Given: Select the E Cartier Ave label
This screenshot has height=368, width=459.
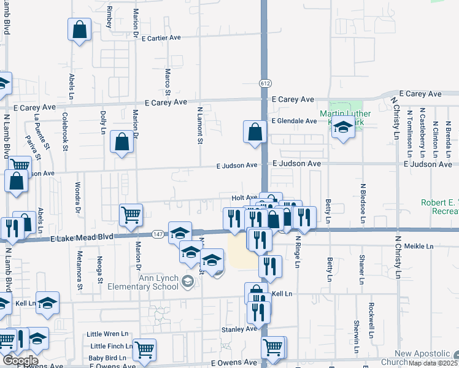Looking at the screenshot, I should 161,37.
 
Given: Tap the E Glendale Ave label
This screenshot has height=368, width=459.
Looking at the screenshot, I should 295,121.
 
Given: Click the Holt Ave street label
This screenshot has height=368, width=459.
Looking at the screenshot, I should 244,198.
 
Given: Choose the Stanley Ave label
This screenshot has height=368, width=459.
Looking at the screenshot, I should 239,329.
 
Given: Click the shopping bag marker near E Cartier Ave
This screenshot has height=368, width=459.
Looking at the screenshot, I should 80,29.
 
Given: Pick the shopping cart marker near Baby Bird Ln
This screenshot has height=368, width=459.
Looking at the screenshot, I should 144,350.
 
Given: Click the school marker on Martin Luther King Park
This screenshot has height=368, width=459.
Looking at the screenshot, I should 344,127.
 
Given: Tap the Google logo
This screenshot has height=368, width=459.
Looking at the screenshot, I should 20,361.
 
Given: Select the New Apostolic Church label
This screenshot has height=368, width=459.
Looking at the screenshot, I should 423,358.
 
